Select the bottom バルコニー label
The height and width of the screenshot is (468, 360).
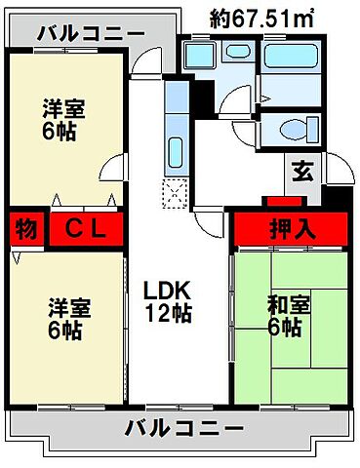(x=184, y=426)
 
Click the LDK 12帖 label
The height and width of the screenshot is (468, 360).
(x=167, y=301)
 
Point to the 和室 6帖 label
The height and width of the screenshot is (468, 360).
(x=289, y=315)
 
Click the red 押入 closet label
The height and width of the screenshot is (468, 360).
(x=290, y=231)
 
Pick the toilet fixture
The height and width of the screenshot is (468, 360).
(x=290, y=129)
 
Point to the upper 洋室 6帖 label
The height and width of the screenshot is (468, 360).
(x=65, y=120)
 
